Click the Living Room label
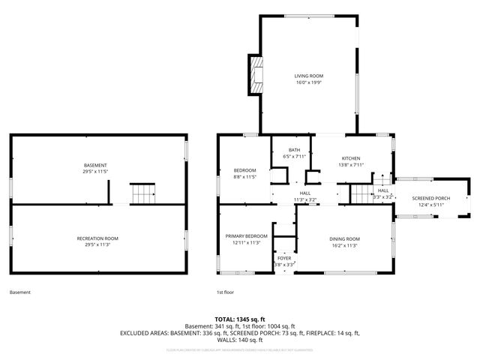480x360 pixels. click(308, 76)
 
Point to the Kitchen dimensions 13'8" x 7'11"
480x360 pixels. click(351, 164)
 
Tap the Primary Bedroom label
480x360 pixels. click(247, 236)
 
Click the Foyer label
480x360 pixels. click(285, 257)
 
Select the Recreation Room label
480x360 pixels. click(97, 238)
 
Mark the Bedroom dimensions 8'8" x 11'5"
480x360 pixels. click(244, 177)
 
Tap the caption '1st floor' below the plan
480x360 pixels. click(226, 292)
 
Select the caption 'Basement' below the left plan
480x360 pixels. click(20, 292)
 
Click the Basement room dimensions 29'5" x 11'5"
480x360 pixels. click(95, 172)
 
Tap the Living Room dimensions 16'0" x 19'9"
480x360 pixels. click(308, 82)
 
